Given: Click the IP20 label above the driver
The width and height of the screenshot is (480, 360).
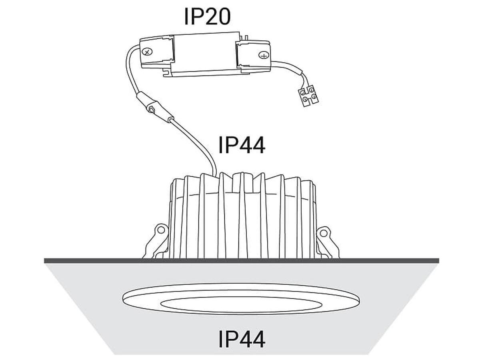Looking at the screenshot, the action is pyautogui.click(x=207, y=17).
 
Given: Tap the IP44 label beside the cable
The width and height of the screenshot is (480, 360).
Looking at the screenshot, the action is pyautogui.click(x=242, y=145).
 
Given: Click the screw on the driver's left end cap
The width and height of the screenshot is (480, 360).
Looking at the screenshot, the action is pyautogui.click(x=147, y=52).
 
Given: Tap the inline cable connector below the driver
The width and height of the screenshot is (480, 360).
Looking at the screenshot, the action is pyautogui.click(x=155, y=108).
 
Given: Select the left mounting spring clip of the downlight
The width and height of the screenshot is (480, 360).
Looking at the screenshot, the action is pyautogui.click(x=156, y=241).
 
